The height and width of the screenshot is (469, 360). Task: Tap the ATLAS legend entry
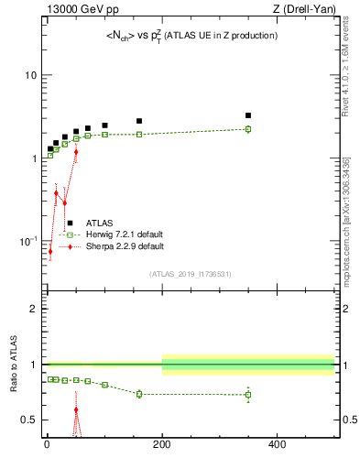click(100, 223)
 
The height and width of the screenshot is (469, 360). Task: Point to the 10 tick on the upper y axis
click(30, 75)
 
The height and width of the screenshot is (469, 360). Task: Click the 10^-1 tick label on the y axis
click(27, 241)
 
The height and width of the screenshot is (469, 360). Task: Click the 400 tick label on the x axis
click(277, 446)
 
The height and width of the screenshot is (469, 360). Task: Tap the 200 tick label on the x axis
click(162, 446)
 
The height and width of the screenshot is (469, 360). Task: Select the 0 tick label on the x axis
click(47, 446)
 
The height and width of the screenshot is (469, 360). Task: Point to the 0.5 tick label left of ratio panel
click(28, 420)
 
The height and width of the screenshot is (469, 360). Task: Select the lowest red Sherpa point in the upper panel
click(50, 251)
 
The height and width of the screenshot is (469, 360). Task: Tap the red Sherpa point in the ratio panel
click(76, 409)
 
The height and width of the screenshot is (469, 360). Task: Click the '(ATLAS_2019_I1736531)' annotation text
click(191, 274)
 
